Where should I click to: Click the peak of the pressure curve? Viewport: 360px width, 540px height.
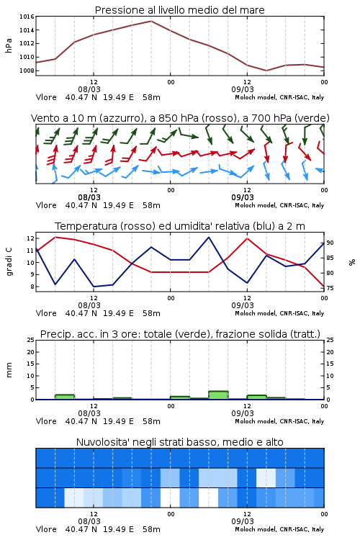pyautogui.click(x=151, y=21)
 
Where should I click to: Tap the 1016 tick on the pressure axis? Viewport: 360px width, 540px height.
pyautogui.click(x=27, y=17)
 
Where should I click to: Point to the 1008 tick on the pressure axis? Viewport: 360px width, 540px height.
pyautogui.click(x=27, y=71)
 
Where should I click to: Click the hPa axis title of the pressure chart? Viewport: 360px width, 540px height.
pyautogui.click(x=9, y=45)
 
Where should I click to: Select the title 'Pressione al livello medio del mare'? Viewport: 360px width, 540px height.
pyautogui.click(x=180, y=10)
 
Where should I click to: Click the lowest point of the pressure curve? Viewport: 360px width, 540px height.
pyautogui.click(x=266, y=71)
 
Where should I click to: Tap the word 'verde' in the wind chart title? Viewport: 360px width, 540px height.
pyautogui.click(x=311, y=118)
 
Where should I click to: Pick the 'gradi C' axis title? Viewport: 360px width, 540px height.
pyautogui.click(x=9, y=261)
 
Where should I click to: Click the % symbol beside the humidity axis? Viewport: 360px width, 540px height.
pyautogui.click(x=352, y=262)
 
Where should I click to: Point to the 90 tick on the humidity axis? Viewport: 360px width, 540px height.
pyautogui.click(x=330, y=243)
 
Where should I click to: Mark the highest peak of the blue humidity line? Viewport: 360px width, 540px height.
pyautogui.click(x=208, y=238)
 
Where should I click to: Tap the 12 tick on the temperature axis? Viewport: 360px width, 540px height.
pyautogui.click(x=30, y=238)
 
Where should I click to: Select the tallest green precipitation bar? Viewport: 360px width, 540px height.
pyautogui.click(x=218, y=395)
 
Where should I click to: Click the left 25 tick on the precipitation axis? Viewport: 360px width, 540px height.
pyautogui.click(x=31, y=340)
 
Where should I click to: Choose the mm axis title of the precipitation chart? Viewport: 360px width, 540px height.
pyautogui.click(x=9, y=369)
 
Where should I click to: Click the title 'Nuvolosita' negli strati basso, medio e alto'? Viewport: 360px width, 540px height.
pyautogui.click(x=180, y=442)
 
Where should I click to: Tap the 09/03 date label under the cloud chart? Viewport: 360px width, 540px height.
pyautogui.click(x=243, y=521)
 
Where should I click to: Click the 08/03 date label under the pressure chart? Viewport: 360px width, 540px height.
pyautogui.click(x=89, y=89)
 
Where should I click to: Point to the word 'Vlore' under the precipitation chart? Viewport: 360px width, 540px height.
pyautogui.click(x=46, y=421)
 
